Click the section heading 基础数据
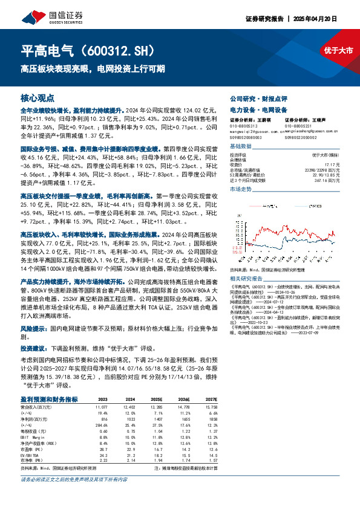point(240,147)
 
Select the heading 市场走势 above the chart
point(240,189)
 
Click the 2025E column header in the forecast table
point(156,400)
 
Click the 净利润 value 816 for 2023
point(103,418)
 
